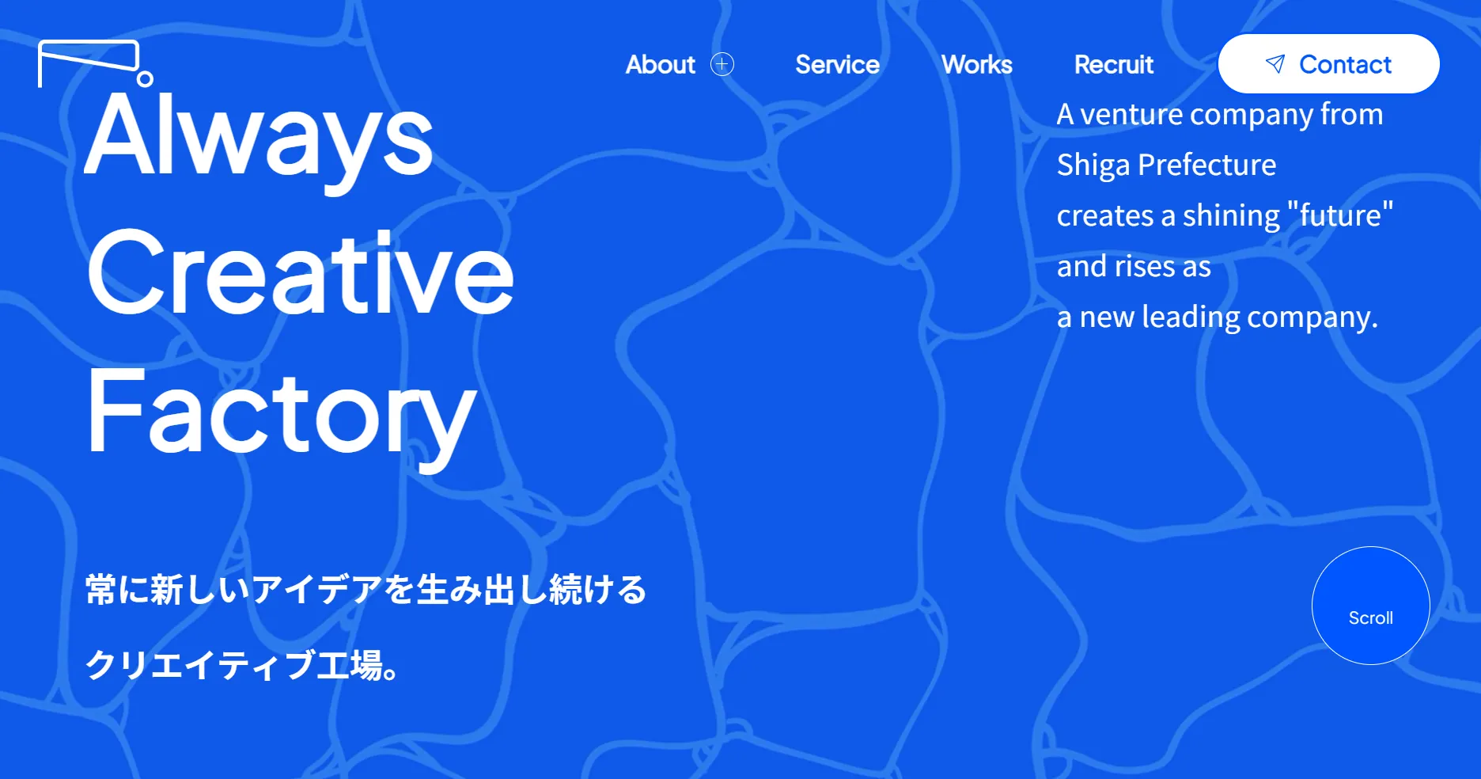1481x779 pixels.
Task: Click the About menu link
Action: click(660, 64)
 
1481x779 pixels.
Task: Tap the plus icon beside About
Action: click(722, 64)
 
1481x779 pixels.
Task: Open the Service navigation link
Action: click(837, 64)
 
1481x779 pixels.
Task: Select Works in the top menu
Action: click(976, 64)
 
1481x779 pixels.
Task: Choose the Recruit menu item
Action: click(1114, 64)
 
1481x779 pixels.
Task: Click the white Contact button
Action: click(1328, 63)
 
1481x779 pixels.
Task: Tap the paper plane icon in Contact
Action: click(1275, 64)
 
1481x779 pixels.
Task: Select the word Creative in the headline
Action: click(301, 273)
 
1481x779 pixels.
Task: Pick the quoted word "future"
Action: click(1340, 215)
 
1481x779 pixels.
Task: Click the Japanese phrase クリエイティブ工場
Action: click(234, 665)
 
